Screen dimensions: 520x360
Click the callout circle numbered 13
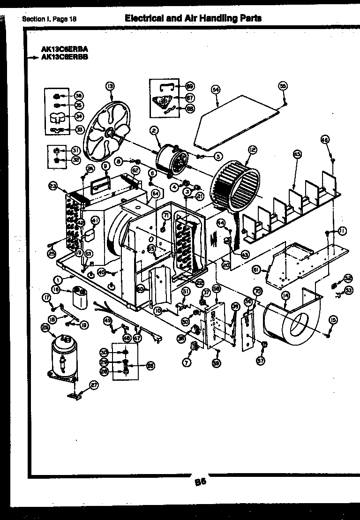pos(110,86)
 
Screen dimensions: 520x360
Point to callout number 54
pos(215,89)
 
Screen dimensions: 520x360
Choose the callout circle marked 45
pos(296,154)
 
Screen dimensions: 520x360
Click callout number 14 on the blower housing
pos(285,295)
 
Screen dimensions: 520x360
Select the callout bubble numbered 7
pos(187,363)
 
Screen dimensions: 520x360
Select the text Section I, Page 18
pos(49,19)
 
